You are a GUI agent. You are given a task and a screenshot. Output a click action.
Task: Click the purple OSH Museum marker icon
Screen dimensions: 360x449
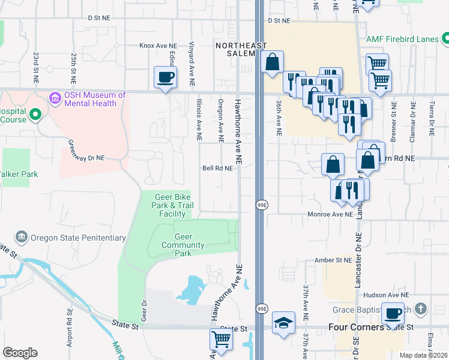coord(55,97)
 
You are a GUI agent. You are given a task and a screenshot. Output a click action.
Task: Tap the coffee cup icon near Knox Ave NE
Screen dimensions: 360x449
coord(166,77)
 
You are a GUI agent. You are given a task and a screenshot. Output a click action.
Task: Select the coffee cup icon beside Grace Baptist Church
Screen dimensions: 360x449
coord(393,313)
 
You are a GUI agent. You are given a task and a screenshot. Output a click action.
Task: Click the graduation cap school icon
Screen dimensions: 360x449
coord(283,323)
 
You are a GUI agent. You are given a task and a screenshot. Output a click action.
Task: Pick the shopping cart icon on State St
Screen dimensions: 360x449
coord(221,339)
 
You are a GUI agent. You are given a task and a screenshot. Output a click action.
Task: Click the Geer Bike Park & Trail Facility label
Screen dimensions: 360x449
coord(172,205)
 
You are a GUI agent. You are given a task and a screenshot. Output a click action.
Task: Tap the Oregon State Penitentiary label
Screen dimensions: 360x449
coord(77,238)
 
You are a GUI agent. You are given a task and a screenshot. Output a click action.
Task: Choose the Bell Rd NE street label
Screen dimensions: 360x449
coord(217,169)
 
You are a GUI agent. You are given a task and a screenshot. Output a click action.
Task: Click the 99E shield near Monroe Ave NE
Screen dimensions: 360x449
coord(262,205)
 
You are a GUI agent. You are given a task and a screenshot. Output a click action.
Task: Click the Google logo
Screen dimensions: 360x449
coord(20,353)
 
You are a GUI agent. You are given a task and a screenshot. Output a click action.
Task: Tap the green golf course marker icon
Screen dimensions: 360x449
coord(35,113)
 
